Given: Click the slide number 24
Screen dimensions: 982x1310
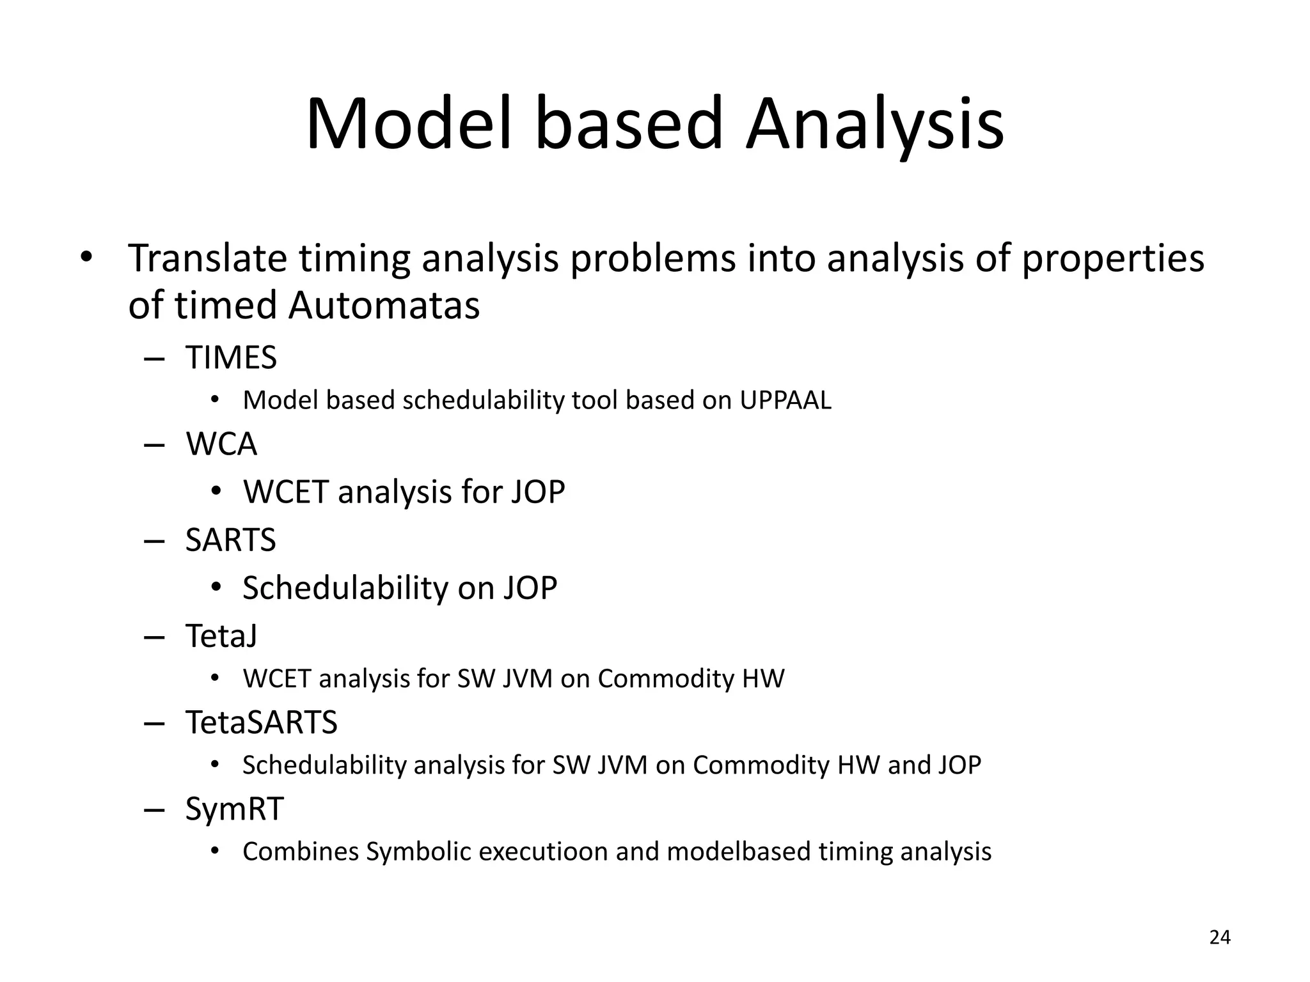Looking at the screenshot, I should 1220,937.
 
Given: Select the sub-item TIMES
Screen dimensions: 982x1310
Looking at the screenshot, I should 231,357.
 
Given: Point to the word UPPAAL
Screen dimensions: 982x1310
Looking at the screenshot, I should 785,400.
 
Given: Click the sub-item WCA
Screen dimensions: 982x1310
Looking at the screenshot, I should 221,444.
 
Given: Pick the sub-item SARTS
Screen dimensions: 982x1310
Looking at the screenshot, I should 230,540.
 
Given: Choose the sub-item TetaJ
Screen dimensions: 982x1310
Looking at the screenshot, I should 221,635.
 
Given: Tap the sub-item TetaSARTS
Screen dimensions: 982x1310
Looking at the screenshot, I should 261,722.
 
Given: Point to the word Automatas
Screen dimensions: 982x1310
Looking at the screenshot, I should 384,305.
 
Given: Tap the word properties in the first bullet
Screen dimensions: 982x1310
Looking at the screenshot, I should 1113,258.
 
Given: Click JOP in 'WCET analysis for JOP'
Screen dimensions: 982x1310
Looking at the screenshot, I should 538,492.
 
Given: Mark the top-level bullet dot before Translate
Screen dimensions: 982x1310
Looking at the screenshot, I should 86,258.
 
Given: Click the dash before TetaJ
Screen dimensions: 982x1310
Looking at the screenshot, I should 155,637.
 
